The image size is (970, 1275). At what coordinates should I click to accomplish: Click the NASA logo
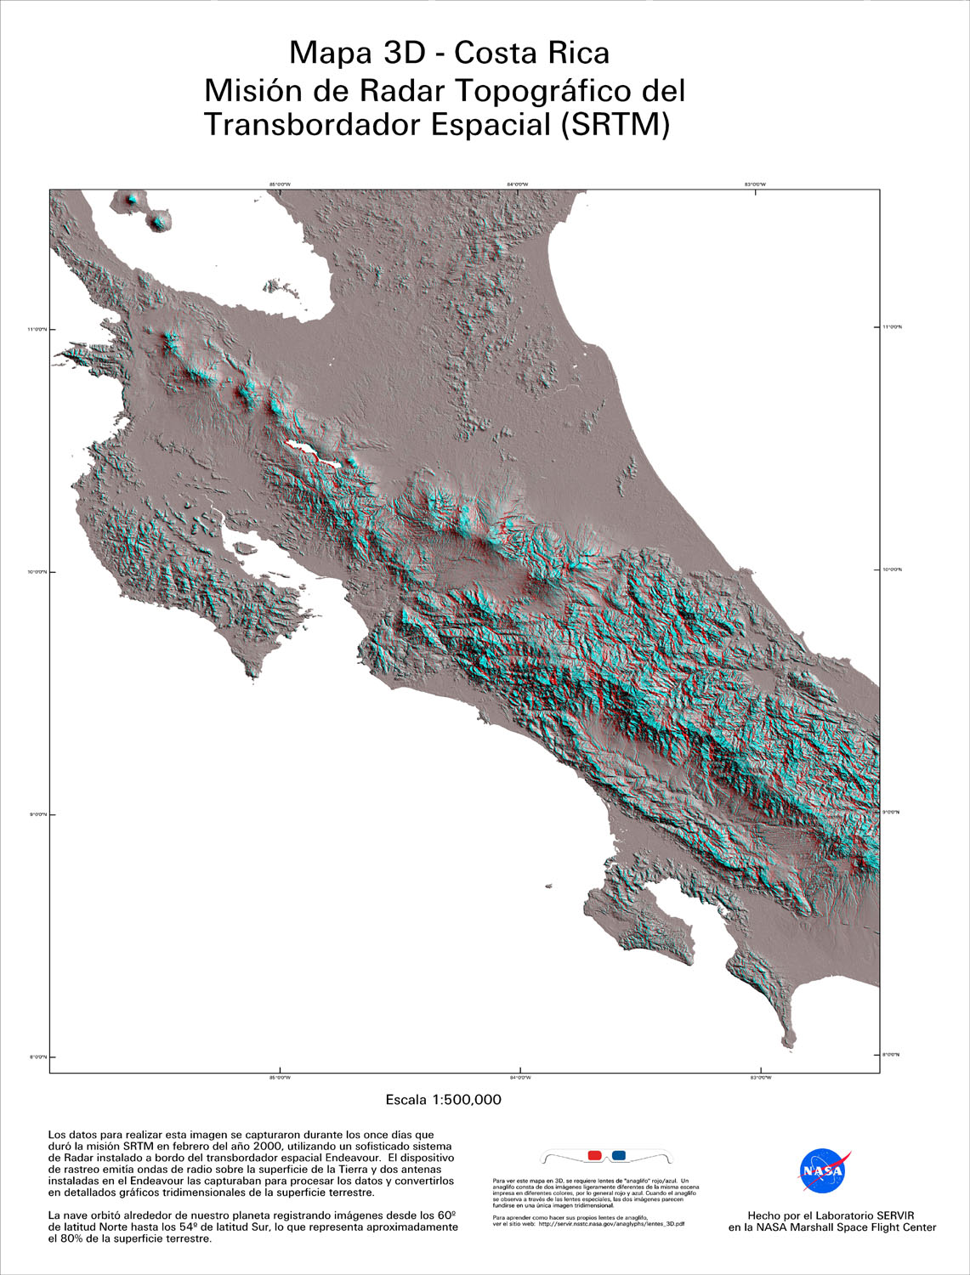tap(824, 1171)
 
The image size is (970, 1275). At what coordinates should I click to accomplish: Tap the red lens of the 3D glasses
tap(594, 1155)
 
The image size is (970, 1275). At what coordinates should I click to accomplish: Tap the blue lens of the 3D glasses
tap(619, 1155)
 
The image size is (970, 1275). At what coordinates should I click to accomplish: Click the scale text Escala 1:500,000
tap(443, 1100)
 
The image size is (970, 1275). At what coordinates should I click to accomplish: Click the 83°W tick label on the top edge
tap(756, 184)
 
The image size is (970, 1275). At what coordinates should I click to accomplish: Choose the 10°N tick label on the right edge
tap(892, 569)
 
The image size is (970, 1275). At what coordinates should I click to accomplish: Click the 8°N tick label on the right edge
tap(892, 1055)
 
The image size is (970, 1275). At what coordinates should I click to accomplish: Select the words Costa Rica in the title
tap(531, 53)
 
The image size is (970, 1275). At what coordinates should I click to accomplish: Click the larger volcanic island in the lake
tap(158, 222)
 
